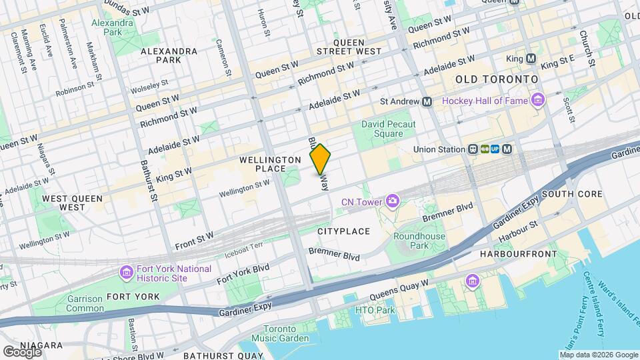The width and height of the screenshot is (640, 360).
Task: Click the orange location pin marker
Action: pos(320,159)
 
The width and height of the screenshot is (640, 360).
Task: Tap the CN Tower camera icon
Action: pos(393,201)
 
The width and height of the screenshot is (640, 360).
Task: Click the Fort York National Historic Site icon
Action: pos(126,273)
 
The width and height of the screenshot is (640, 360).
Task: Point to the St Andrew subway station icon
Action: pos(427,101)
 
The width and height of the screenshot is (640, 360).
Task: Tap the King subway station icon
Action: pos(531,59)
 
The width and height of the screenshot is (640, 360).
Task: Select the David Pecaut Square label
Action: pos(389,129)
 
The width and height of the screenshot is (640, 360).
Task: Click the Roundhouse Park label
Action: pos(419,241)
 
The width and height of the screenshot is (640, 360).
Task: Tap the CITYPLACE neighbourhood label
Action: pos(343,231)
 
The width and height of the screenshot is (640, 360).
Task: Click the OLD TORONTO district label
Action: pos(497,79)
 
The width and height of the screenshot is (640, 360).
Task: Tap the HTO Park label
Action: pos(375,310)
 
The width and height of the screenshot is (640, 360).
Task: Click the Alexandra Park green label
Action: pos(113,27)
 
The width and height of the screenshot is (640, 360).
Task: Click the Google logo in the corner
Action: pos(22,351)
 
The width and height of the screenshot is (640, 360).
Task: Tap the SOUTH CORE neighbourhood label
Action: pos(572,194)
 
